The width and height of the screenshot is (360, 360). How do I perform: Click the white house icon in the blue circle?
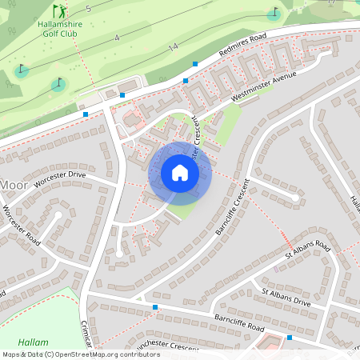(180, 173)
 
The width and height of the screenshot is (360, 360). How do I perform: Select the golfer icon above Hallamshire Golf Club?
(59, 11)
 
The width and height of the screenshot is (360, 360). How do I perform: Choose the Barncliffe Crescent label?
(234, 206)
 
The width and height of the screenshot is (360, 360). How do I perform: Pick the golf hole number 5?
(89, 8)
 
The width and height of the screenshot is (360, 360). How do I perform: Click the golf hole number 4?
(117, 38)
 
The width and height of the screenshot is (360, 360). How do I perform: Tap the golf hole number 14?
(172, 49)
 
